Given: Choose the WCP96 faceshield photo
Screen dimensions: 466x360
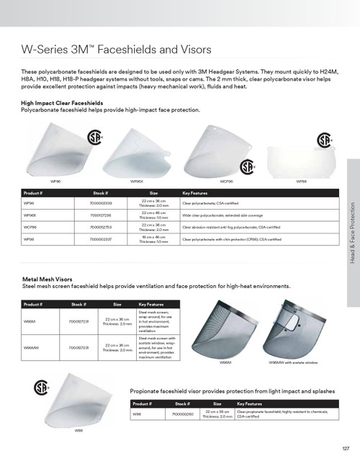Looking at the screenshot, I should point(215,148).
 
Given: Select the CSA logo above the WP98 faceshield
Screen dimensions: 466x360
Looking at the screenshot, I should point(325,139).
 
